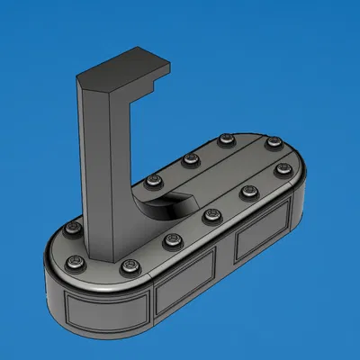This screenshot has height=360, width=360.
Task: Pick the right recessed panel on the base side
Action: (x=262, y=238)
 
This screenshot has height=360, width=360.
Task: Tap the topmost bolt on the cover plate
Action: (x=224, y=139)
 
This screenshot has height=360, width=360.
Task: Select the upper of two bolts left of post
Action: (x=73, y=230)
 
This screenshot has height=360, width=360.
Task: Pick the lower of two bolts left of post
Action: (x=76, y=262)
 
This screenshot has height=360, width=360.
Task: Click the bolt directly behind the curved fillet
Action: (x=151, y=182)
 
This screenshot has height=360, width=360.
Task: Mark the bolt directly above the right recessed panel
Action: (x=248, y=193)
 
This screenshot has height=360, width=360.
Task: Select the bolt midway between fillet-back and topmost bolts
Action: (x=190, y=160)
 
